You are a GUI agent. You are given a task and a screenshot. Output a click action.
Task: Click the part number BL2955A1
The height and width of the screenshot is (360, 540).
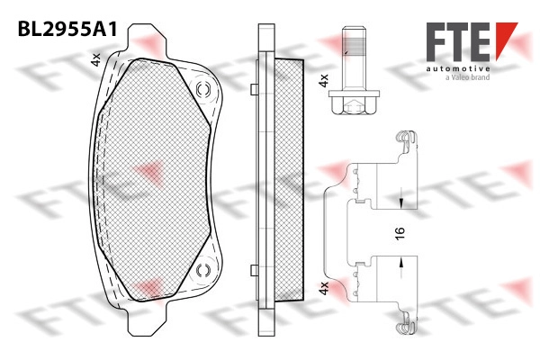[x=67, y=29]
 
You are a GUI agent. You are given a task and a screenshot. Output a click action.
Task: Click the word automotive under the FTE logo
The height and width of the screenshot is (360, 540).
[x=458, y=69]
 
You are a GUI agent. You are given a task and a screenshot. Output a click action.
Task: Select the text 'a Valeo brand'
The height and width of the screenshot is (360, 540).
[x=468, y=77]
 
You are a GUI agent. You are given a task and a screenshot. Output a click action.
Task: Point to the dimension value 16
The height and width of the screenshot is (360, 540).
[x=400, y=233]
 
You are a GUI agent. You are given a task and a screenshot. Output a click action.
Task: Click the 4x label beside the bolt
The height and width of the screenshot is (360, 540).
[x=324, y=80]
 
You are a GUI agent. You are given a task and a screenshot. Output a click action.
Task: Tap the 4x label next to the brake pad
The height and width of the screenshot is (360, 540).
[x=95, y=59]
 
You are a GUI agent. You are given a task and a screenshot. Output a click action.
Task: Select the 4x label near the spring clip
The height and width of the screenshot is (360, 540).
[x=324, y=288]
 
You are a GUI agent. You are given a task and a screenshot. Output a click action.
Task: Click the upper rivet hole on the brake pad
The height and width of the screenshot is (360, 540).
[x=203, y=90]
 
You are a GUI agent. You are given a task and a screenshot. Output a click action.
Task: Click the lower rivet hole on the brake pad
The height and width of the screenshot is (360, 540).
[x=203, y=270]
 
